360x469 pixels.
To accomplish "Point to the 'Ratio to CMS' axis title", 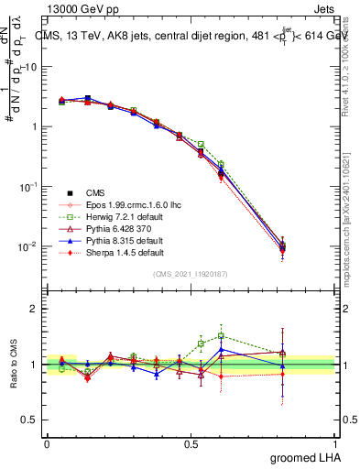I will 14,364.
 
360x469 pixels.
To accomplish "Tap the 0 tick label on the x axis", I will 47,443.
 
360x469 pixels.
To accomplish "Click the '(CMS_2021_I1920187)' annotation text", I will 190,274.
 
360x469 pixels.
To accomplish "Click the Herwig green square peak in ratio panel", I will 221,335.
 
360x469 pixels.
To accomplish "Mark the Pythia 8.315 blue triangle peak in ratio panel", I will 221,349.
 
